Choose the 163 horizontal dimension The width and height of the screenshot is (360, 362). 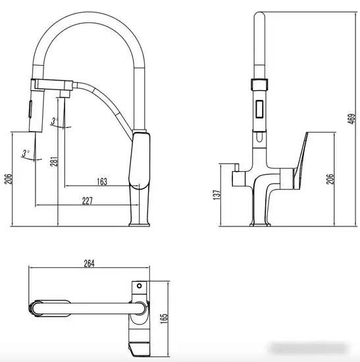[x=101, y=181]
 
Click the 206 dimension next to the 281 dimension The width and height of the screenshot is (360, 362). [x=9, y=179]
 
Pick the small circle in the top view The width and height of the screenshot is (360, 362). [x=139, y=287]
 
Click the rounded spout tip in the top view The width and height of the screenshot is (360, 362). [x=36, y=307]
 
